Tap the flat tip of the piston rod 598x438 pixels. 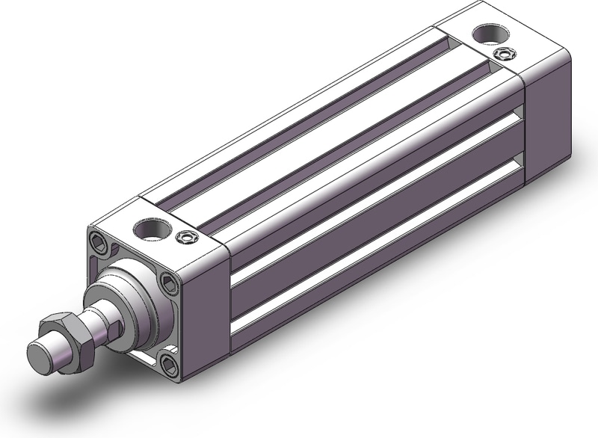click(x=37, y=354)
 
